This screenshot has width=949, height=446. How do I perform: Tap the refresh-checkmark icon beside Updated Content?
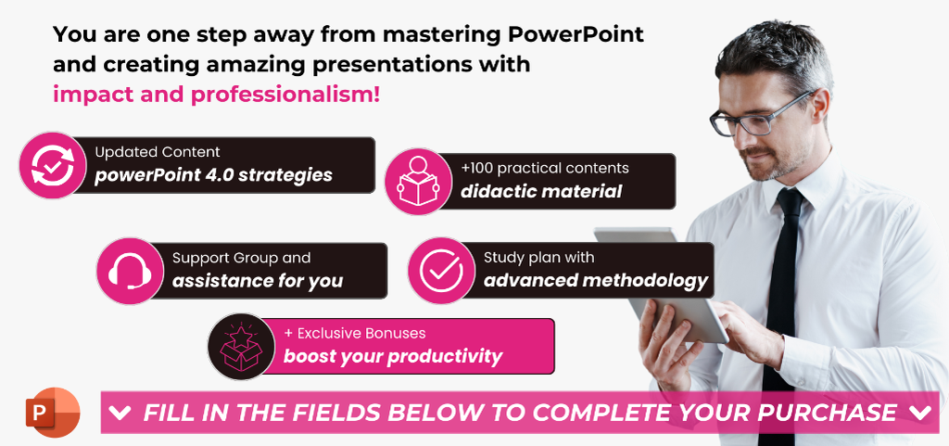point(53,165)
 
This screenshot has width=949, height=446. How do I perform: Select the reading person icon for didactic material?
point(418,181)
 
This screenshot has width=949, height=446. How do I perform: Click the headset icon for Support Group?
point(130,271)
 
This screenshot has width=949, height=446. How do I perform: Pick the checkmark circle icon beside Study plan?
point(441,271)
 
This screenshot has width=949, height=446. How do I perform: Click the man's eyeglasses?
point(762,115)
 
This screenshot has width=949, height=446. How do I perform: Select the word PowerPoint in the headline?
point(576,34)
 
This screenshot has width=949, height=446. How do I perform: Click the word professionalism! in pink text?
point(285,95)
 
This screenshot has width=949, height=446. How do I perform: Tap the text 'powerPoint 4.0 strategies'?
point(214,175)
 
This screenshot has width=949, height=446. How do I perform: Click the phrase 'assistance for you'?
point(258,281)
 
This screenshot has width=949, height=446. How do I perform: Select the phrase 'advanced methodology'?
point(596,280)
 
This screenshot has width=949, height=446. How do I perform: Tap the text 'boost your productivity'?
point(393,356)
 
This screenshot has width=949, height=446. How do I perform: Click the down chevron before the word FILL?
point(120,414)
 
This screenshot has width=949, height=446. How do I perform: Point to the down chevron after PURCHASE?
point(920,413)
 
